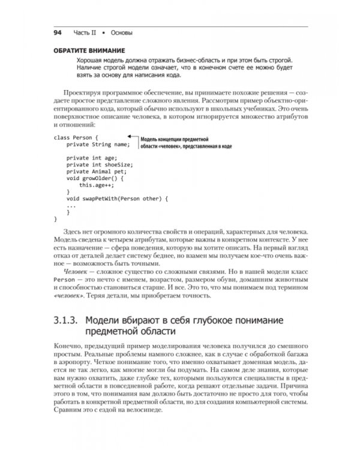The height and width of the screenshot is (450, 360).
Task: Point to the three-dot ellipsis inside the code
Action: point(71,205)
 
